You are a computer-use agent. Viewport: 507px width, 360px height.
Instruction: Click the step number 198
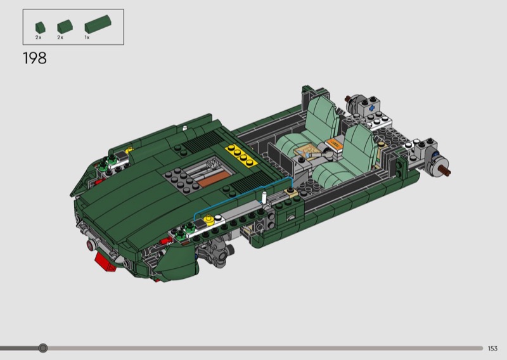tap(35, 58)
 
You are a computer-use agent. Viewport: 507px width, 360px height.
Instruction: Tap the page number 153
tap(492, 349)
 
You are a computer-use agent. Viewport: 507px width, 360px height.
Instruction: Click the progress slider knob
tap(42, 348)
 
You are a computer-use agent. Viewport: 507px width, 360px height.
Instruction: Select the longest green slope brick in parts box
tap(98, 24)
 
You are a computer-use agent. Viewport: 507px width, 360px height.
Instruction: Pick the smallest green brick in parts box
tap(40, 27)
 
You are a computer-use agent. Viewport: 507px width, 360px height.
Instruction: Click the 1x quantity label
tap(87, 37)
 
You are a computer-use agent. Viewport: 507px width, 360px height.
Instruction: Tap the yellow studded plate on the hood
tap(241, 155)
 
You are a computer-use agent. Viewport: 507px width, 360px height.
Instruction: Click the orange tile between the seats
tap(334, 144)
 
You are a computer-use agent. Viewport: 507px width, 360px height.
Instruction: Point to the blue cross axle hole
tap(373, 108)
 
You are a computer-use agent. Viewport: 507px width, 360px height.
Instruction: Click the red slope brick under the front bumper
tap(105, 262)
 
